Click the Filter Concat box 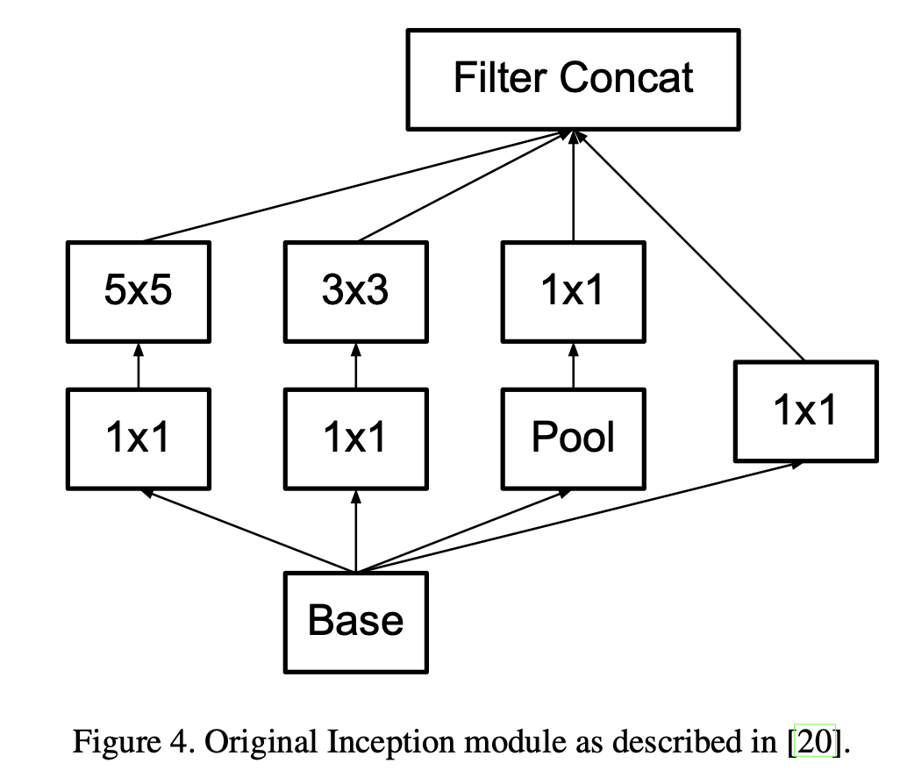click(574, 77)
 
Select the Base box click(356, 622)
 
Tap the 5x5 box click(138, 291)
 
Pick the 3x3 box click(356, 291)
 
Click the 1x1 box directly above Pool click(574, 291)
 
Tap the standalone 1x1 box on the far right click(805, 410)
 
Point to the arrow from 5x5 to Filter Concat click(351, 189)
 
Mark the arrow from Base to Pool click(465, 531)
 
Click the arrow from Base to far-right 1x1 click(579, 517)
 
